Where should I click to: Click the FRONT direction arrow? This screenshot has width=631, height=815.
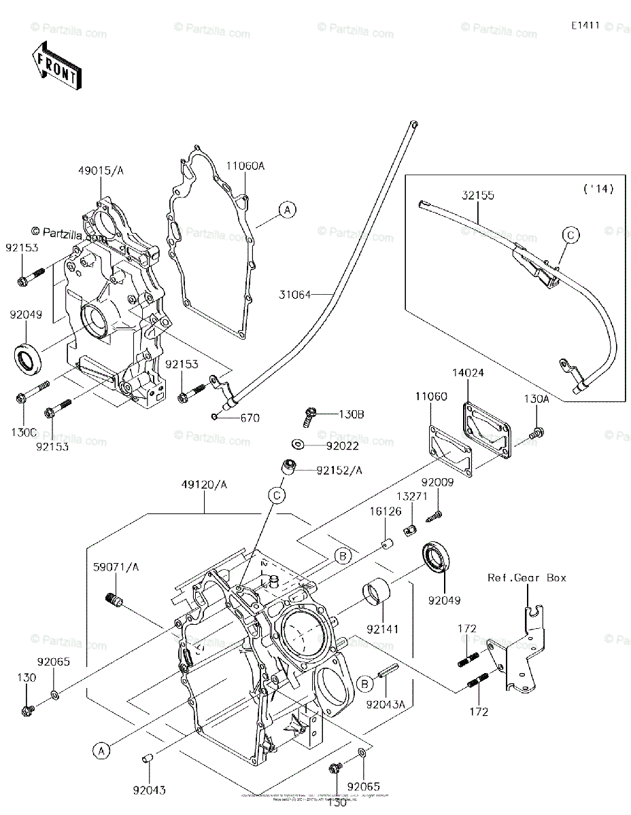(56, 65)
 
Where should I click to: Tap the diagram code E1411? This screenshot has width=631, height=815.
(584, 25)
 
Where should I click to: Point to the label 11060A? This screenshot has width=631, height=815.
(245, 166)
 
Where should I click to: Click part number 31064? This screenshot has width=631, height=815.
(294, 295)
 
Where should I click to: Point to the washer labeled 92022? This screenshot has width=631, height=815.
(298, 444)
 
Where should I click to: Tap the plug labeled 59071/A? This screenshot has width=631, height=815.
(114, 600)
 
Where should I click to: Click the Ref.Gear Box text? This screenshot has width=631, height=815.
(526, 578)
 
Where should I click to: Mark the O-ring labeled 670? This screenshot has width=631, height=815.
(215, 417)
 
